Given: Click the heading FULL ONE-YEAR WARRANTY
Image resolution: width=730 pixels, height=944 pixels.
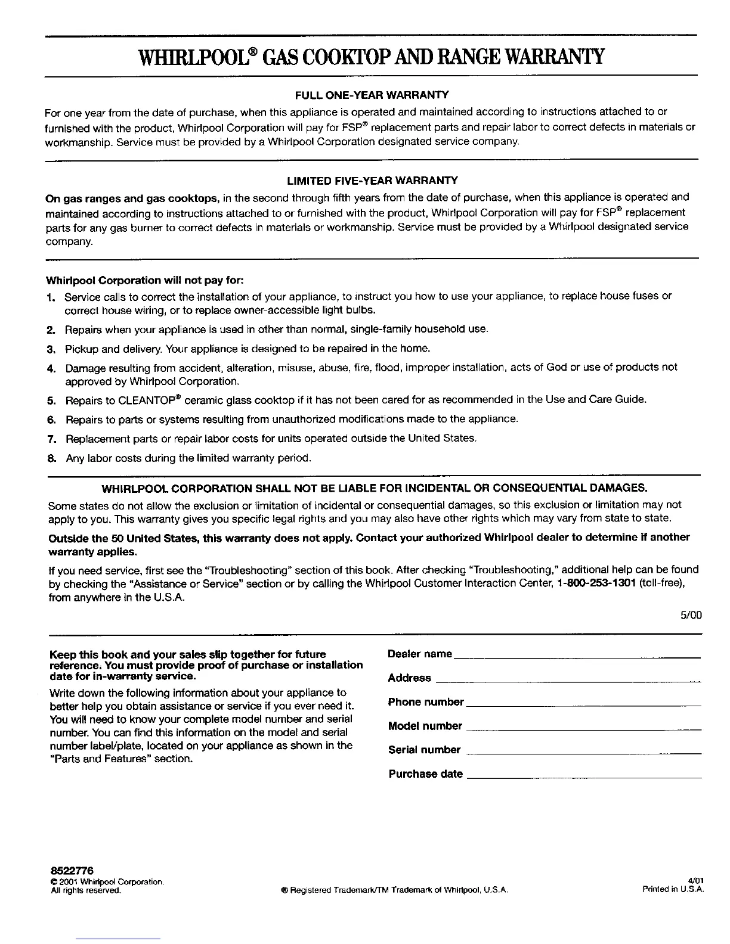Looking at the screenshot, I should [x=372, y=95].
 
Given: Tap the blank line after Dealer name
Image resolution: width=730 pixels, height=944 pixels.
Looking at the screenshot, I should [x=577, y=656].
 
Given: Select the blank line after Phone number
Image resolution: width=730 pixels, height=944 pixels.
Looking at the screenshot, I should [x=583, y=704].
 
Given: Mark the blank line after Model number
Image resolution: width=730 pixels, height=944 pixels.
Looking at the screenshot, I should [x=583, y=728].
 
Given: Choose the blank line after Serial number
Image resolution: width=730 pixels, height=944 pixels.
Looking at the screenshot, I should [x=583, y=752].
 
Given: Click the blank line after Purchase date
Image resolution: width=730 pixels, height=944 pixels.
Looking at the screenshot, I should [x=583, y=776].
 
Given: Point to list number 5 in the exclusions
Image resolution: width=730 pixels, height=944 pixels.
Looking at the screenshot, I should [x=51, y=400].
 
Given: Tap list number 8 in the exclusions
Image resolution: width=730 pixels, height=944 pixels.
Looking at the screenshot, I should [x=51, y=458].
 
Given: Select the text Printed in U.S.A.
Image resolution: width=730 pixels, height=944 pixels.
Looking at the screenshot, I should [x=673, y=890].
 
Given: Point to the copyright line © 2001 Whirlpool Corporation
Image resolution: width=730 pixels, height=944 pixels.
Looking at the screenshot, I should [x=107, y=882].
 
